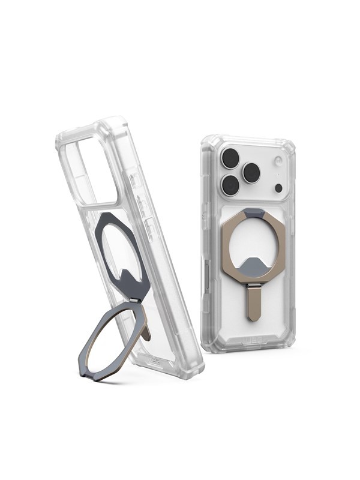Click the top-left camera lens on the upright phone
(230, 158)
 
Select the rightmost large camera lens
(251, 173)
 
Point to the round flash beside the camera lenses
(277, 161)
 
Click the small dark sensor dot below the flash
(278, 188)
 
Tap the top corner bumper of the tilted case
(111, 128)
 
